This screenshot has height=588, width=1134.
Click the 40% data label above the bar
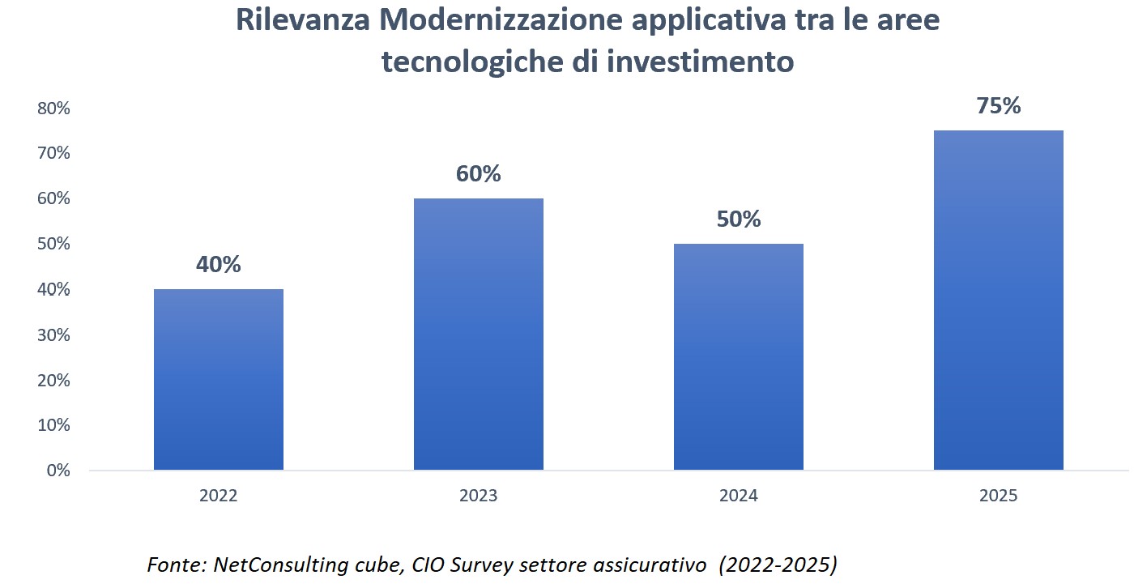pos(219,265)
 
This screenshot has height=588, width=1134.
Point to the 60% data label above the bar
pos(479,174)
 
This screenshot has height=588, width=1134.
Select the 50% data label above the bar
pos(739,219)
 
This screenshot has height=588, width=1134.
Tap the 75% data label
pos(998,106)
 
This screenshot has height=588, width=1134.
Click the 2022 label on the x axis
pos(219,496)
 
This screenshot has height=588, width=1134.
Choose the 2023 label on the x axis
pos(479,496)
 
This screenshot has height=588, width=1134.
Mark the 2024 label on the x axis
pos(739,496)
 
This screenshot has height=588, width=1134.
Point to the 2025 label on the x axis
pos(998,496)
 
